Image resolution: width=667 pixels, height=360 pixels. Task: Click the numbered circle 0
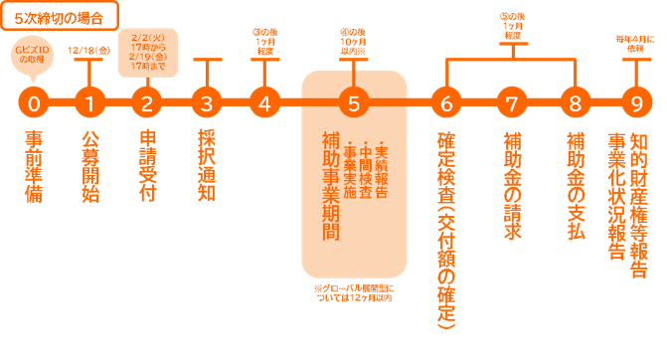tap(35, 102)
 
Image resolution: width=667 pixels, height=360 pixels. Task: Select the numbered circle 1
tap(90, 102)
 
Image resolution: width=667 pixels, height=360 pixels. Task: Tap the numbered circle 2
tap(147, 102)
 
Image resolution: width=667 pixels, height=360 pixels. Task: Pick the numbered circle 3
tap(207, 102)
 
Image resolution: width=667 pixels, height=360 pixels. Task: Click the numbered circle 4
tap(263, 102)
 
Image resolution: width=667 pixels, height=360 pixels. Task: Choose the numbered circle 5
tap(354, 102)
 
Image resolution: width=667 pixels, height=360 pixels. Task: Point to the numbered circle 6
tap(446, 102)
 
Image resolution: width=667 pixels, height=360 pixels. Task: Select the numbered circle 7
tap(512, 102)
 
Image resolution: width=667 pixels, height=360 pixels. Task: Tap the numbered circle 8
tap(575, 102)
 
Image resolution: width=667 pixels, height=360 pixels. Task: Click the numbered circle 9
tap(636, 102)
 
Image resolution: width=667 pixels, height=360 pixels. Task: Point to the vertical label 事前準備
tap(34, 164)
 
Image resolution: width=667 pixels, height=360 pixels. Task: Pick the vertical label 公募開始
tap(90, 164)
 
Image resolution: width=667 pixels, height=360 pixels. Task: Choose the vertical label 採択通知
tap(207, 164)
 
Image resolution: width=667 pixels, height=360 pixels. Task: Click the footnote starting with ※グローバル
tap(354, 295)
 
